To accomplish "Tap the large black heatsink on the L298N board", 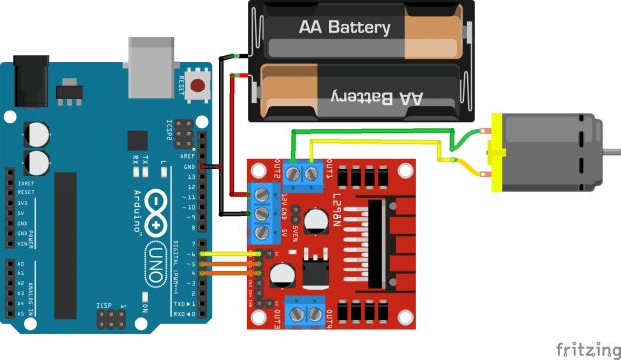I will click(382, 243).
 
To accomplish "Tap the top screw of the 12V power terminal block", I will click(263, 194).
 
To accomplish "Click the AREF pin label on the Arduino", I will click(188, 155).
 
